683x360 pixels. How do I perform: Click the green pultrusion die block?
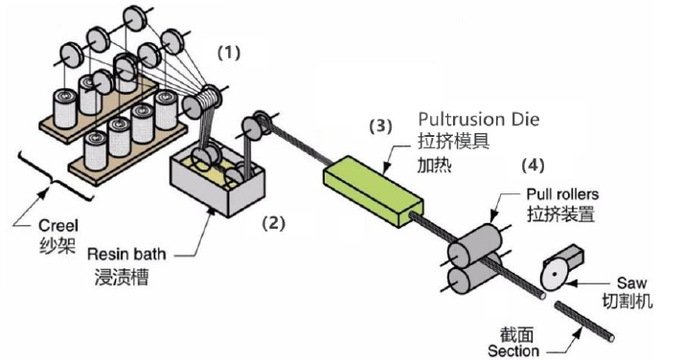click(x=373, y=191)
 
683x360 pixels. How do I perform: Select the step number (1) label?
click(x=229, y=53)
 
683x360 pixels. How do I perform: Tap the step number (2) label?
click(x=274, y=223)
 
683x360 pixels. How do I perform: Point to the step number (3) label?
click(x=380, y=126)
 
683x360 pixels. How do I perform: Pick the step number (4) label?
click(x=533, y=165)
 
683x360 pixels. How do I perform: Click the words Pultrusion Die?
click(x=479, y=119)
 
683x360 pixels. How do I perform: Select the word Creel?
click(x=58, y=226)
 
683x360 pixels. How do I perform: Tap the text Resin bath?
click(x=126, y=254)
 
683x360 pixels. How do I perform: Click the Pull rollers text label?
click(x=562, y=193)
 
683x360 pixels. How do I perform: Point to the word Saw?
click(x=631, y=283)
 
